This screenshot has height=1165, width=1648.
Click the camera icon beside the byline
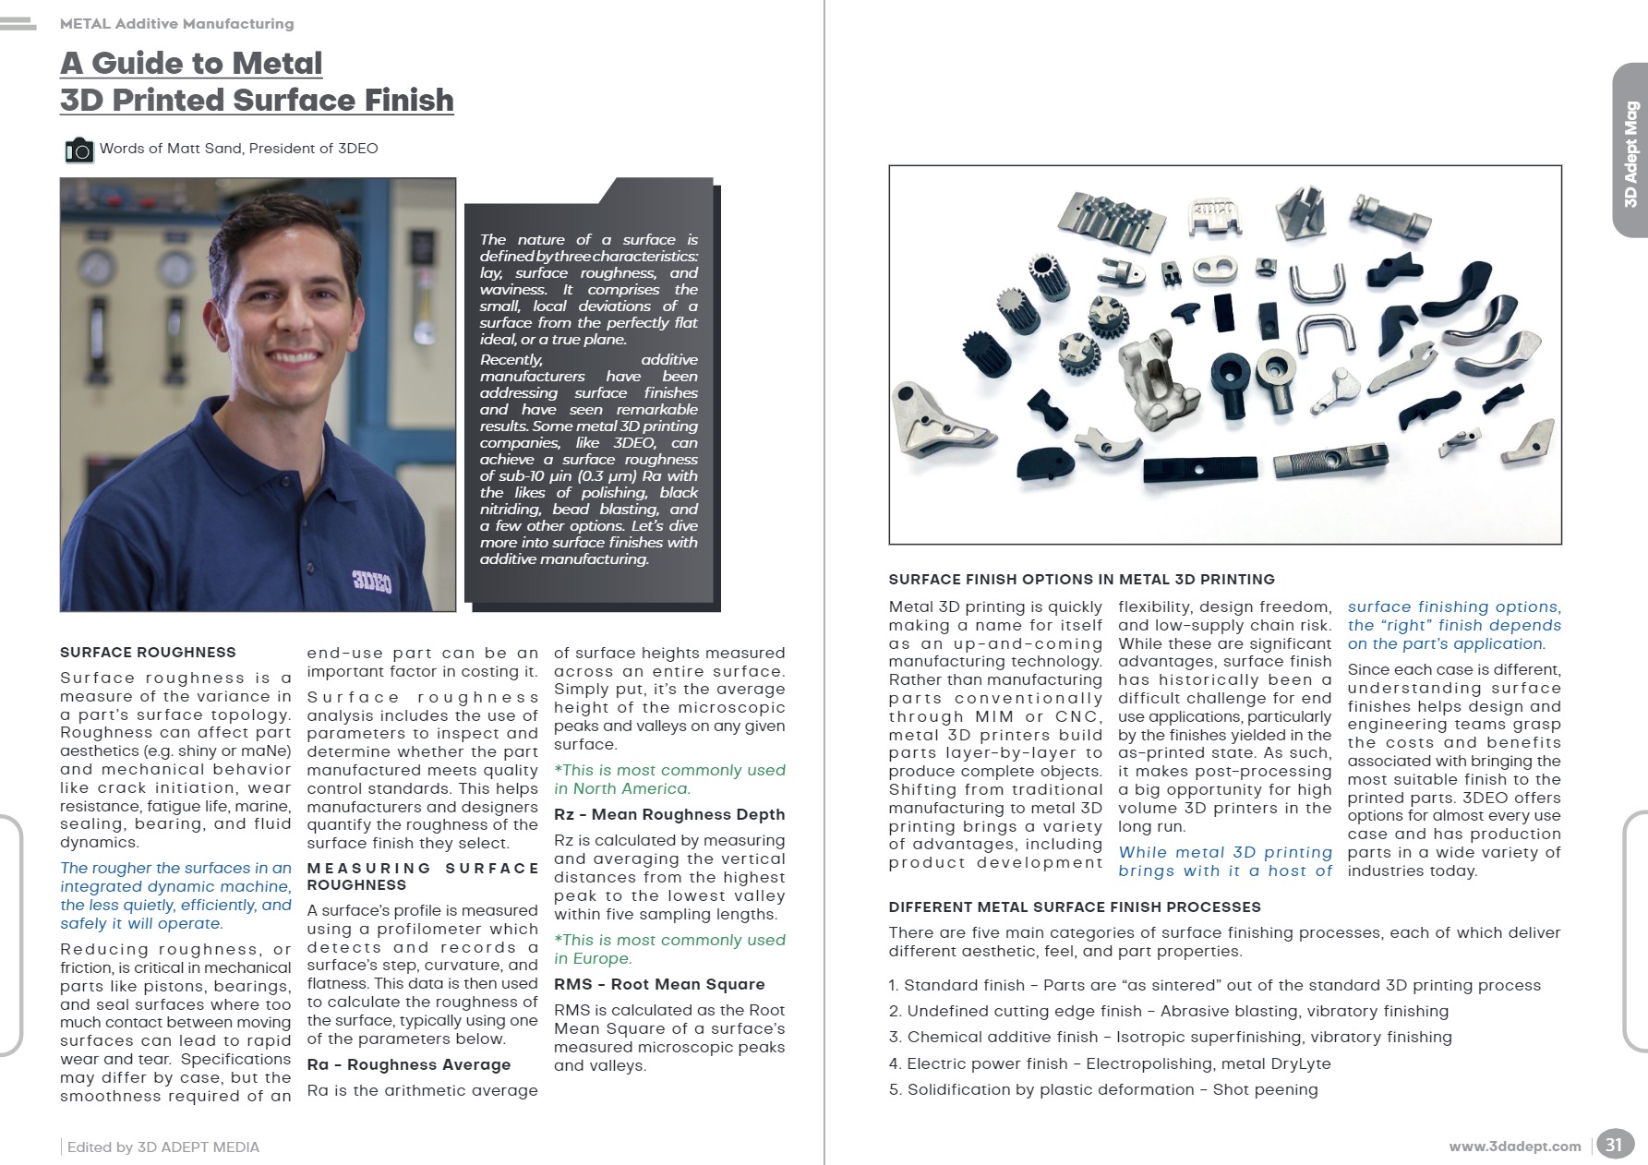coord(79,150)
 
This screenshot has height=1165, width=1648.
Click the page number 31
coord(1613,1145)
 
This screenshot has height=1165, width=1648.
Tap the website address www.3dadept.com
coord(1514,1147)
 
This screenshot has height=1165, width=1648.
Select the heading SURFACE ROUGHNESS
coord(148,653)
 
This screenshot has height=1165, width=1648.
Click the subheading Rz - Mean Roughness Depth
coord(669,814)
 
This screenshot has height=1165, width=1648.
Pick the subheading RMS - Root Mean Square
coord(659,984)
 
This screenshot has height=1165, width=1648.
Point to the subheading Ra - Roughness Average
coord(409,1064)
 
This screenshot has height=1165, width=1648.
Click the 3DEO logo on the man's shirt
coord(371,581)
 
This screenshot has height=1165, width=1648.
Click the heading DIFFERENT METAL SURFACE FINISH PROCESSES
coord(1075,907)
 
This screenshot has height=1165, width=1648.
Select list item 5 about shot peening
coord(1103,1089)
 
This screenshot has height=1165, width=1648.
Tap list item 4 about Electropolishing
coord(1110,1063)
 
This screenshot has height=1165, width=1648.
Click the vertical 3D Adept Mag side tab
coord(1630,153)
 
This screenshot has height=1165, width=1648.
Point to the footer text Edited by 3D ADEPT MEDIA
coord(163,1147)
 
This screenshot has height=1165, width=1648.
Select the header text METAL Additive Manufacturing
coord(176,24)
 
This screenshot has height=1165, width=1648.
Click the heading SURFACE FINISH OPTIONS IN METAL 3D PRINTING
coord(1081,580)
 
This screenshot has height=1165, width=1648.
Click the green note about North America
coord(669,779)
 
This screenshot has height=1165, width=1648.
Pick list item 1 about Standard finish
coord(1214,985)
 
